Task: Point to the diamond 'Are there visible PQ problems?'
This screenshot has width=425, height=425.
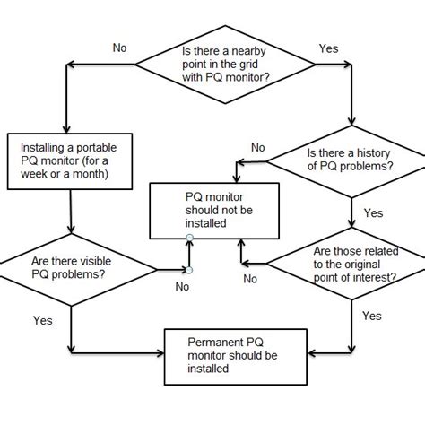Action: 69,266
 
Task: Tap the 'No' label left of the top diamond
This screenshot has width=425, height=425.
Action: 120,48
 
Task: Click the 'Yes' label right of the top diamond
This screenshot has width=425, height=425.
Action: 329,48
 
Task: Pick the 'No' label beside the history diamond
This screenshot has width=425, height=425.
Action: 258,147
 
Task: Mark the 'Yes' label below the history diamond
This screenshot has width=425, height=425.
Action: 373,213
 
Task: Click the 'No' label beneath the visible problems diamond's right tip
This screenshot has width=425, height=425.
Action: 182,287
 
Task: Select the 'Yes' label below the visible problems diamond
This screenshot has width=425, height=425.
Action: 42,319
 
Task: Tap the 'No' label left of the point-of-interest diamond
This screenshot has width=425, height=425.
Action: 251,280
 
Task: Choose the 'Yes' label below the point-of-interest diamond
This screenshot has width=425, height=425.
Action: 372,316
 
